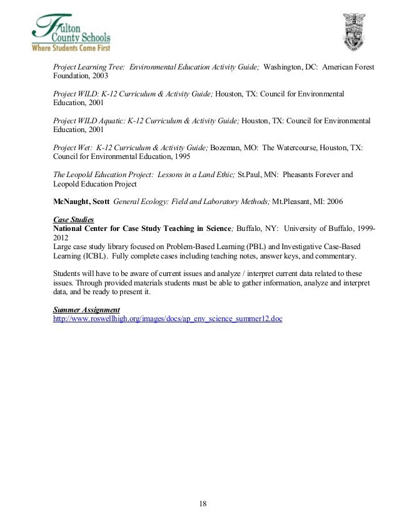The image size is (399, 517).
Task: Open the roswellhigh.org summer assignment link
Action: (168, 319)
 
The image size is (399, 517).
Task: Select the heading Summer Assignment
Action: (86, 310)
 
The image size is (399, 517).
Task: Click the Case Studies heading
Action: (74, 220)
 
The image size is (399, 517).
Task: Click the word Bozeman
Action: (226, 148)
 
